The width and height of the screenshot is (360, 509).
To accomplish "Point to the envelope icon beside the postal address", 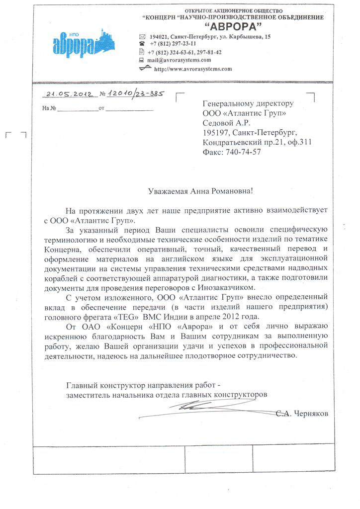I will [x=142, y=37].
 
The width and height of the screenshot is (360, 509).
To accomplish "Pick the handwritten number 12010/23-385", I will [x=135, y=93].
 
